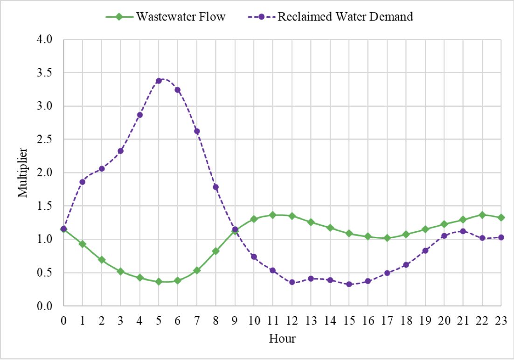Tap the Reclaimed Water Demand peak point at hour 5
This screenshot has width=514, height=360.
(159, 81)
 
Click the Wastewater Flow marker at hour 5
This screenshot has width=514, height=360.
(159, 282)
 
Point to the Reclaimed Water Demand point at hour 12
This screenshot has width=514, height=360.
(292, 282)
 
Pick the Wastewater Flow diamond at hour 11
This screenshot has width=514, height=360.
(273, 215)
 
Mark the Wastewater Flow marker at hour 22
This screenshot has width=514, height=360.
(482, 215)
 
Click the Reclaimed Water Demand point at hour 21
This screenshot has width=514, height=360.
(463, 231)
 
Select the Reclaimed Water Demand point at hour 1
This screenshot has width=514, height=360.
(83, 182)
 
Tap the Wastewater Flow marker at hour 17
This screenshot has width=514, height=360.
(387, 238)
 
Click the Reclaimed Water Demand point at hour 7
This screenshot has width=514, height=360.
(197, 131)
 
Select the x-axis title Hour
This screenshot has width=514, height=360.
(282, 338)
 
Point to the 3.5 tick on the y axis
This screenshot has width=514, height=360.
(46, 73)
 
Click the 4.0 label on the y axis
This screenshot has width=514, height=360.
(46, 40)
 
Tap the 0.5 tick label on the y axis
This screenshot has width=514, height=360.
(46, 273)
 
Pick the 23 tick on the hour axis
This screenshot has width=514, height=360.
(501, 321)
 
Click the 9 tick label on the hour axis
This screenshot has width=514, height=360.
(235, 321)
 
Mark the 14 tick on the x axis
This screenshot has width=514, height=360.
(330, 321)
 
